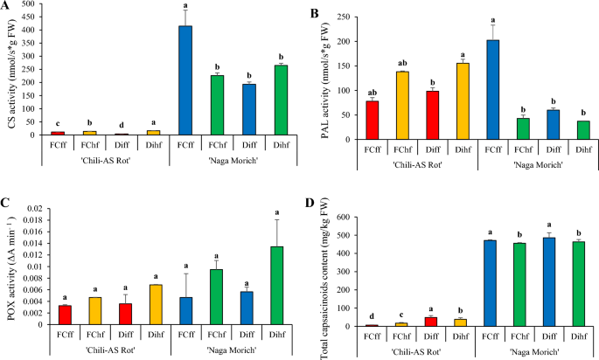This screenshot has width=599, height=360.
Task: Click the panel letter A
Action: click(x=7, y=6)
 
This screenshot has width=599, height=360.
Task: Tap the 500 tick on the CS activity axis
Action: click(x=31, y=4)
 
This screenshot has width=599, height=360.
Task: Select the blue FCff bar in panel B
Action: click(x=492, y=89)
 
